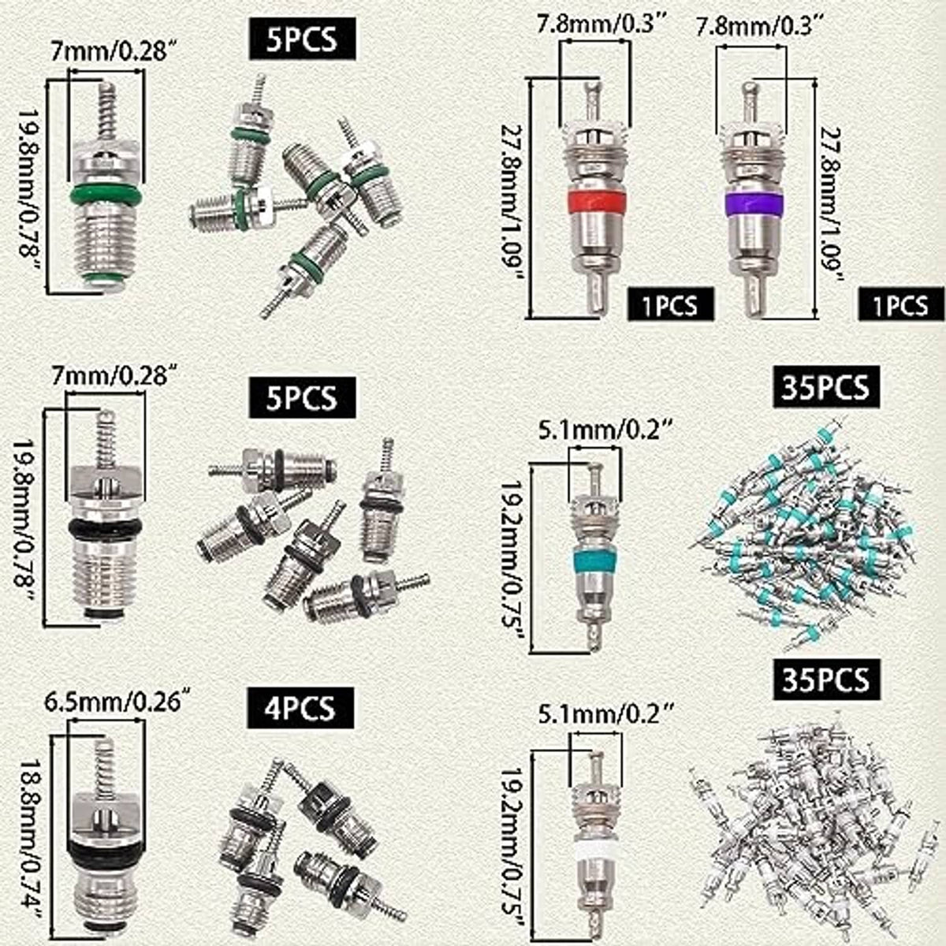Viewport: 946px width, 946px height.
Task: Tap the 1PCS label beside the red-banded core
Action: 671,304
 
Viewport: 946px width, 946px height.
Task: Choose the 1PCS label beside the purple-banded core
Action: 901,304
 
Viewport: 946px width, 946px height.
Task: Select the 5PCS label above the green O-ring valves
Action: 303,39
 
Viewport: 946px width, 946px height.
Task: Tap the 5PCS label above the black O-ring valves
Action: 303,397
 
